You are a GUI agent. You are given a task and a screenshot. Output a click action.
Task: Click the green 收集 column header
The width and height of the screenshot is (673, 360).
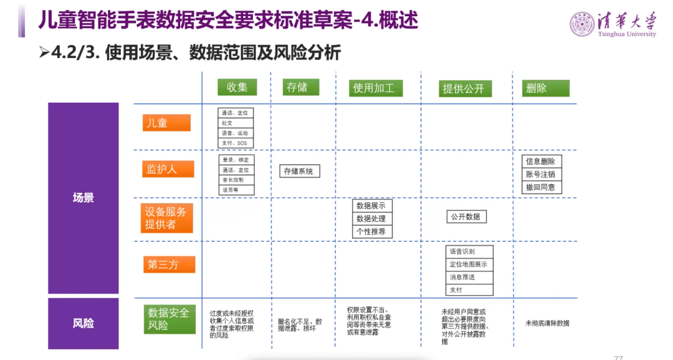[x=237, y=88]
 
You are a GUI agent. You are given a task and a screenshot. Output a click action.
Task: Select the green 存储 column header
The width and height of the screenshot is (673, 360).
[x=297, y=87]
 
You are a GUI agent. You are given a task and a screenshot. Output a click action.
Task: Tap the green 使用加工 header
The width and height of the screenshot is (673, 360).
[x=374, y=88]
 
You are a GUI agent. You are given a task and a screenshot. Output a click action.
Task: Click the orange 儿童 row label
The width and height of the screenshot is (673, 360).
[x=165, y=123]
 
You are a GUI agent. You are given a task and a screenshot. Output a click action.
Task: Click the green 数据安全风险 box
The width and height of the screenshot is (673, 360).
[x=168, y=318]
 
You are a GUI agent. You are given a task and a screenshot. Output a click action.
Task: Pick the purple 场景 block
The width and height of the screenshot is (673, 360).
[x=84, y=198]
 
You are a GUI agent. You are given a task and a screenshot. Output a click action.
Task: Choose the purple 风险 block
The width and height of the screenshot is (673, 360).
[x=84, y=323]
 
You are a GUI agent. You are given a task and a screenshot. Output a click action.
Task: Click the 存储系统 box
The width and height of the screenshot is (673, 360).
[x=299, y=171]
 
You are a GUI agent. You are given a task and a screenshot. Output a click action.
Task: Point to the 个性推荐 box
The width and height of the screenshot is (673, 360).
[x=372, y=232]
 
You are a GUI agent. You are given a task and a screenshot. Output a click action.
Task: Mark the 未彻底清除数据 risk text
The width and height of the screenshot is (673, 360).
[x=547, y=323]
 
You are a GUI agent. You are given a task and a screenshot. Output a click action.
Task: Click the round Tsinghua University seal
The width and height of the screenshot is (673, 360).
[x=581, y=24]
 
